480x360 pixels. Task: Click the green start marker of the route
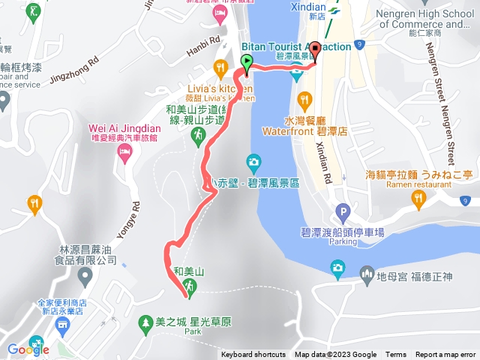pyautogui.click(x=247, y=61)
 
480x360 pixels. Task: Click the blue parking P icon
pyautogui.click(x=343, y=212)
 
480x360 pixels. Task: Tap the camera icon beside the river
pyautogui.click(x=253, y=161)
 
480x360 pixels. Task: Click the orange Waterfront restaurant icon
pyautogui.click(x=304, y=99)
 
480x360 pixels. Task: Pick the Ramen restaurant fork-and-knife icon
pyautogui.click(x=418, y=197)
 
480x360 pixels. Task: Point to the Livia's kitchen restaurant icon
pyautogui.click(x=220, y=67)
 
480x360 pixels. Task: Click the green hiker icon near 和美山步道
pyautogui.click(x=198, y=136)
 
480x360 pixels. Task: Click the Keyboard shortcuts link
pyautogui.click(x=253, y=355)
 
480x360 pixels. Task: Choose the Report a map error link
pyautogui.click(x=445, y=355)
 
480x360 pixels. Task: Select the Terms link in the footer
pyautogui.click(x=396, y=355)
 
